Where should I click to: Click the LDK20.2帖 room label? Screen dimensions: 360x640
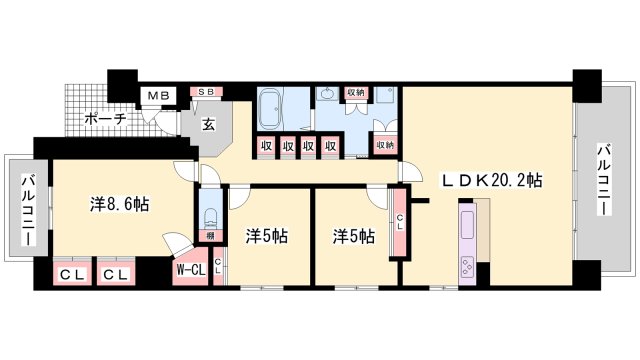click(493, 181)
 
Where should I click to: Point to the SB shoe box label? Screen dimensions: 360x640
click(206, 92)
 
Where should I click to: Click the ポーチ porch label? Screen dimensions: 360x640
click(105, 118)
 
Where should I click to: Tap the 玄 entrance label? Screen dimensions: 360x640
click(209, 125)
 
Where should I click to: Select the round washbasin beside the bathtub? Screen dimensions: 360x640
click(326, 97)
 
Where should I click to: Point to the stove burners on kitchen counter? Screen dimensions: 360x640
click(468, 265)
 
